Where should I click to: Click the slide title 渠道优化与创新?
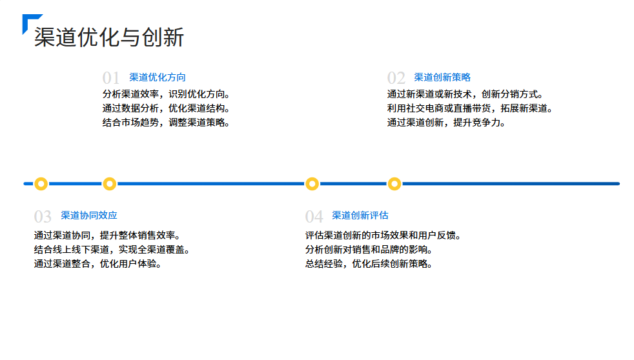point(109,37)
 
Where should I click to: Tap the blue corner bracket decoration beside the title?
point(28,20)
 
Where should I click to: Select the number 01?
point(111,79)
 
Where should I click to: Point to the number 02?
point(396,79)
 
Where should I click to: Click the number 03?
point(43,217)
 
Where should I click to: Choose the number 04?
point(314,217)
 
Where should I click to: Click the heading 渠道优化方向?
point(158,77)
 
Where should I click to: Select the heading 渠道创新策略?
point(442,77)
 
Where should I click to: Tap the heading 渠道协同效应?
point(89,215)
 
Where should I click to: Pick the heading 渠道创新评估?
point(360,215)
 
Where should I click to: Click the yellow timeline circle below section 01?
point(110,184)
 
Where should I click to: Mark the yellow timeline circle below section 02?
point(394,184)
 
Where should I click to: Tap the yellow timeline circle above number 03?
point(41,184)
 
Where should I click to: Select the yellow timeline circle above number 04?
point(312,184)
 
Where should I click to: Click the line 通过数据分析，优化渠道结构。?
point(167,108)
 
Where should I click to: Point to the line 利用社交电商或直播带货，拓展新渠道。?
point(471,108)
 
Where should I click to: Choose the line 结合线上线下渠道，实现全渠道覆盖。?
point(112,250)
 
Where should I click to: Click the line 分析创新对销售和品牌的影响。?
point(369,250)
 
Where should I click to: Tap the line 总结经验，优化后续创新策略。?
point(369,264)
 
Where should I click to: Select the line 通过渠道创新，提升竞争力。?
point(447,123)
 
